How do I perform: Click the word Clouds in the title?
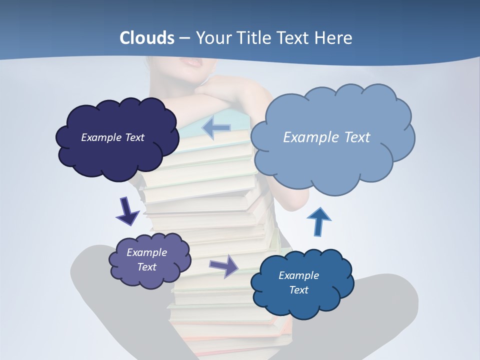[146, 38]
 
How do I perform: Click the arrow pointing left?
[216, 128]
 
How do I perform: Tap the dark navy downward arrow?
[127, 211]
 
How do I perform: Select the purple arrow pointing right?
[224, 265]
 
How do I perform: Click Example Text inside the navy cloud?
[112, 137]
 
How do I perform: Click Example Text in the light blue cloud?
[326, 137]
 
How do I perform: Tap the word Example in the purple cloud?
[146, 252]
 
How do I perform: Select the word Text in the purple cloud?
[146, 267]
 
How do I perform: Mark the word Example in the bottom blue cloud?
[298, 275]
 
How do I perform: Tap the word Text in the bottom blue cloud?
[298, 290]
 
